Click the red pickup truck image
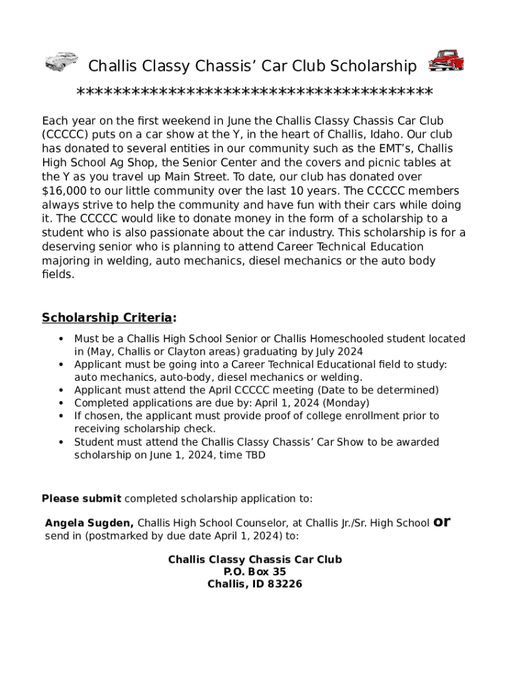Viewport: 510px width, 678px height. click(446, 61)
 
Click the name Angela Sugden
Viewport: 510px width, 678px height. click(89, 523)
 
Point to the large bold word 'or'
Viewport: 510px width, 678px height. click(442, 522)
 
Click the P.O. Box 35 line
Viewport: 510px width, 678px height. click(255, 571)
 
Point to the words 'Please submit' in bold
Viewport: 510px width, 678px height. click(81, 499)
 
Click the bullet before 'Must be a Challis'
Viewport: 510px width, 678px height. click(61, 339)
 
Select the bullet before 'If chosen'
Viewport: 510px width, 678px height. click(61, 416)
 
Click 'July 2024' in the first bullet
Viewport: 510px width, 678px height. click(341, 352)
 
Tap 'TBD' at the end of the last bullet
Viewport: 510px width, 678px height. click(256, 455)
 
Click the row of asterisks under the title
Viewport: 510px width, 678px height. click(255, 92)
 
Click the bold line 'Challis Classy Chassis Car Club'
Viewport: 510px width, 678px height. click(255, 559)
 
